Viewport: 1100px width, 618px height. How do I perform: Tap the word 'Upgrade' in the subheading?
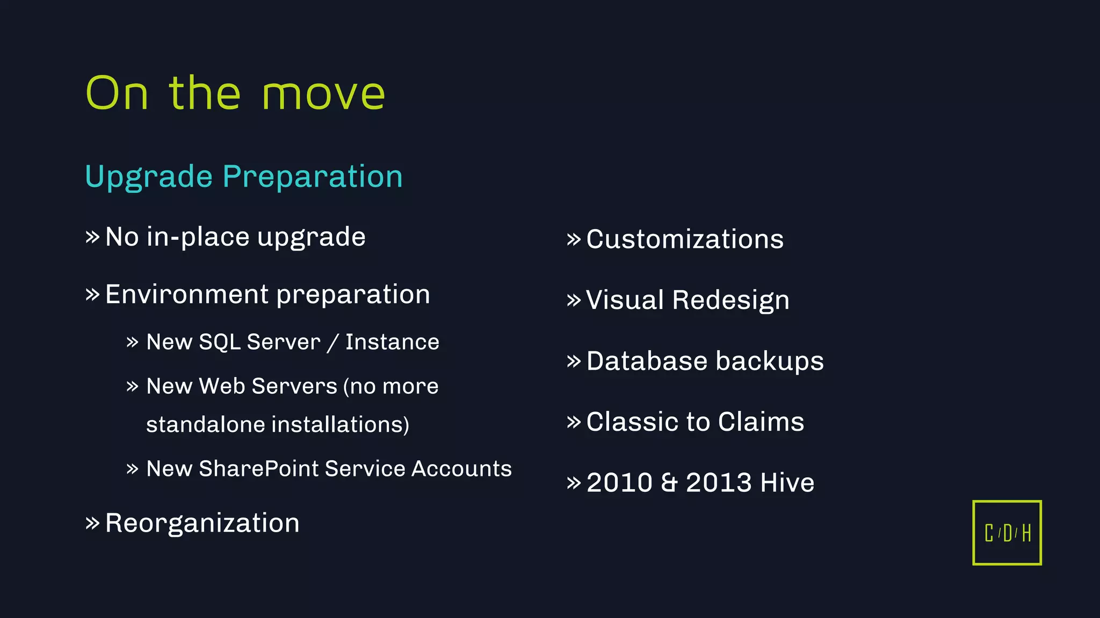point(149,177)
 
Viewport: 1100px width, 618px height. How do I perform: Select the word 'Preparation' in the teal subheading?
point(313,177)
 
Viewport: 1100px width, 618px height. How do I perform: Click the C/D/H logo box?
point(1007,533)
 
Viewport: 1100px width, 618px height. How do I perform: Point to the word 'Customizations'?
point(685,239)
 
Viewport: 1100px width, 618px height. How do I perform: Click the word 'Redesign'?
point(730,300)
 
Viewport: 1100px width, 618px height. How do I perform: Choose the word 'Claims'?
point(761,422)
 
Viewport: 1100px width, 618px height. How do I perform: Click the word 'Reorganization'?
point(202,523)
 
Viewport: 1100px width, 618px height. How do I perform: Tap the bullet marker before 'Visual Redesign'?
point(574,300)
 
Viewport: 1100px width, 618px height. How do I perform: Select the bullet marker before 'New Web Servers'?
point(132,387)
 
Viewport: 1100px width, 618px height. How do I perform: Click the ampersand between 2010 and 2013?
point(669,483)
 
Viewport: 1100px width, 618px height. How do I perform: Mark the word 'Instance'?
point(392,342)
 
